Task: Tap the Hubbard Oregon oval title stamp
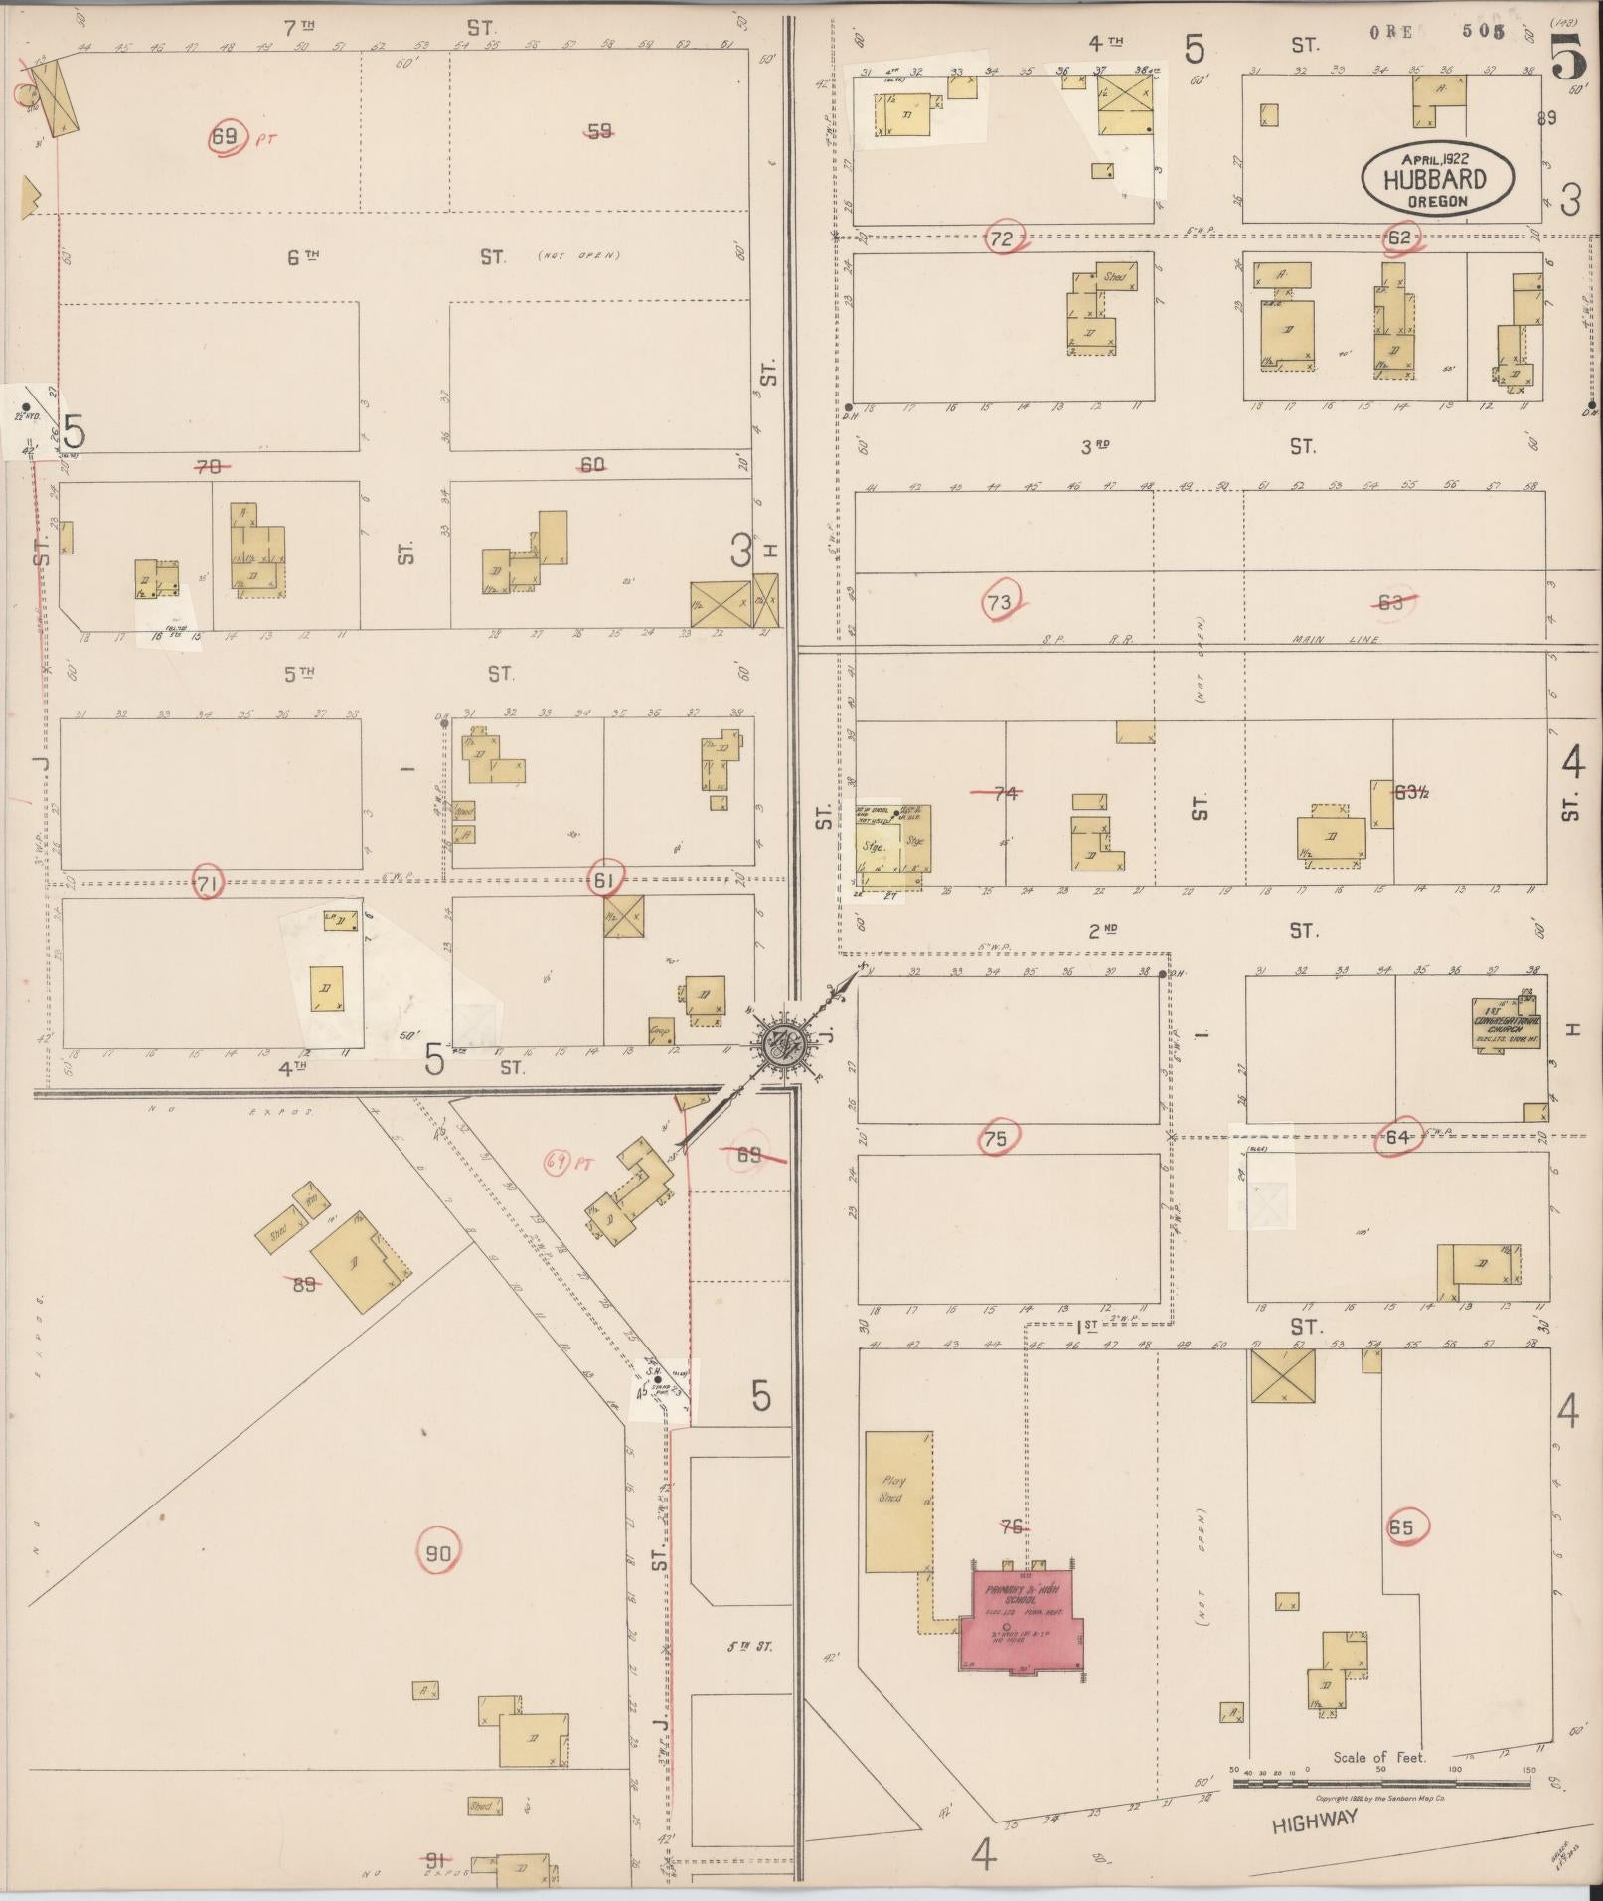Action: tap(1437, 179)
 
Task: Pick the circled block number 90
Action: tap(438, 1554)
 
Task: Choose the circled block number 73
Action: tap(1000, 602)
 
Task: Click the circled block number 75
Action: tap(995, 1139)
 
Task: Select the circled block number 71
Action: tap(207, 883)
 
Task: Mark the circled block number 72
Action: tap(1001, 238)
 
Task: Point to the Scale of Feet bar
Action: tap(1381, 1782)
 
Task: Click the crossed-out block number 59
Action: tap(599, 130)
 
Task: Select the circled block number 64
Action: tap(1397, 1137)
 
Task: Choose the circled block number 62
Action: tap(1399, 238)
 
